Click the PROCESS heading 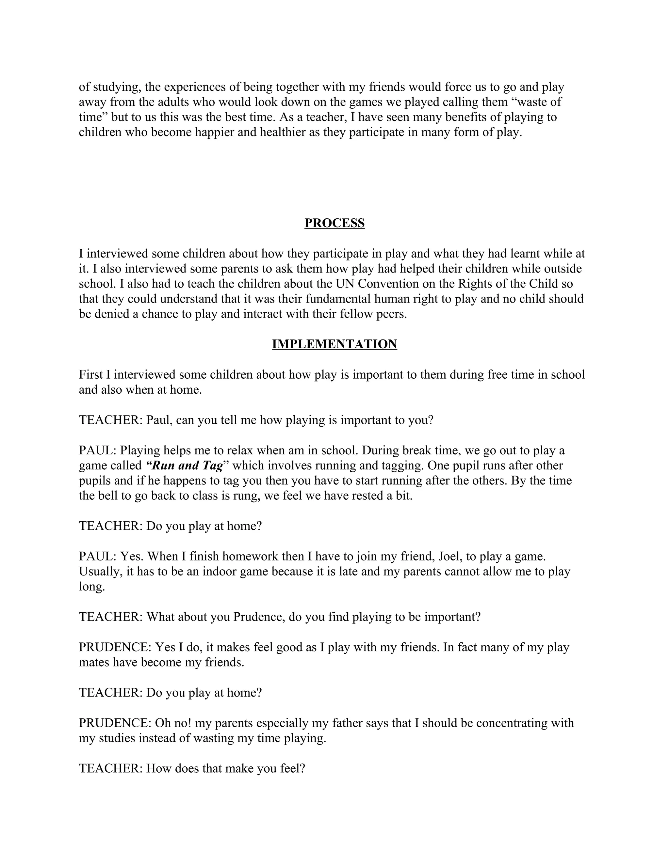334,223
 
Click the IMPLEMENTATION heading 334,344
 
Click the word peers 392,314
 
